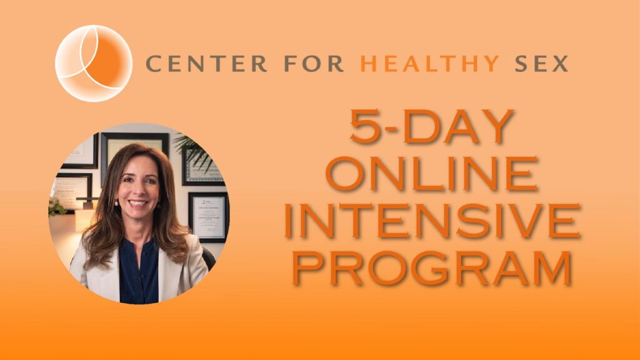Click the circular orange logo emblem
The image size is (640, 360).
[94, 63]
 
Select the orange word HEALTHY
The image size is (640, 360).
[430, 64]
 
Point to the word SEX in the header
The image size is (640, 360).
[541, 64]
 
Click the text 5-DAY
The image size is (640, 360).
[431, 126]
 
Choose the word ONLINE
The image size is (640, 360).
[432, 174]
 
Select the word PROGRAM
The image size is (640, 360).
[432, 267]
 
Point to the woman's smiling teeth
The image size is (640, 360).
[137, 203]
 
